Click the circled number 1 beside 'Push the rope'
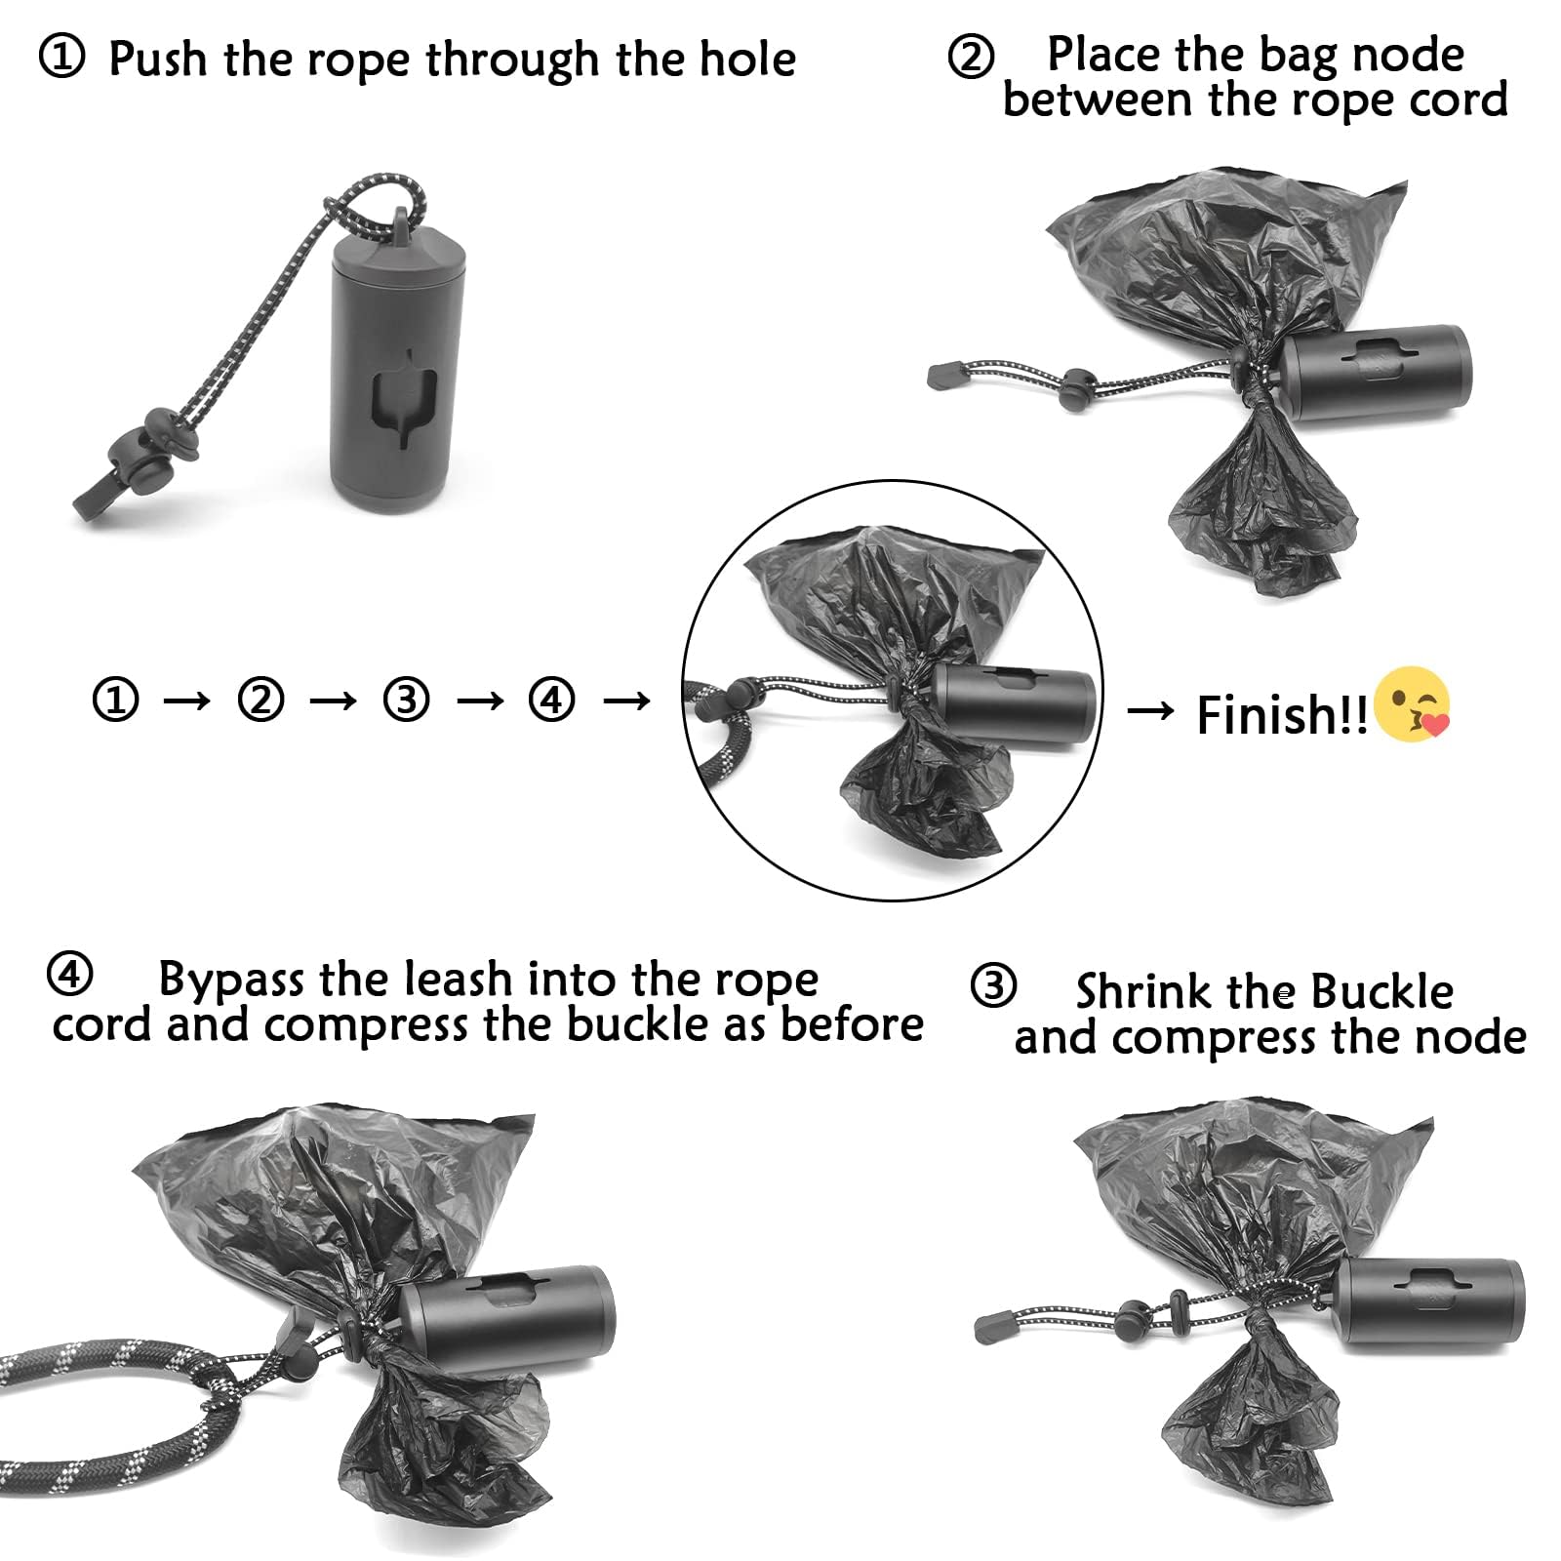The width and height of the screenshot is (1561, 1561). point(61,59)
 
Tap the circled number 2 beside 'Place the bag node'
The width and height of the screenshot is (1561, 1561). point(971,56)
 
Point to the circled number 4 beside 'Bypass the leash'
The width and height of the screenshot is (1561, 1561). point(69,975)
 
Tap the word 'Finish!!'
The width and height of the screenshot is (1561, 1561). point(1282,715)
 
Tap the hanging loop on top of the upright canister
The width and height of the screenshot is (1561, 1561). point(401,223)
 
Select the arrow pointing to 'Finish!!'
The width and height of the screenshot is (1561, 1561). point(1151,712)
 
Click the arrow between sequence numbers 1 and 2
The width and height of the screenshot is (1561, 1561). point(187,700)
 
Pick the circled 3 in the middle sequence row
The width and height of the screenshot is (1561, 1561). point(406,700)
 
